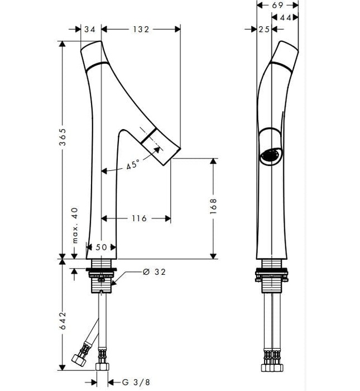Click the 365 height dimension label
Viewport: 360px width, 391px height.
[63, 136]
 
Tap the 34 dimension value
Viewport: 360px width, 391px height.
[88, 30]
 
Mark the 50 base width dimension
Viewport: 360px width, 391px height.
[102, 247]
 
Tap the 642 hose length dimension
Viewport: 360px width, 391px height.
[63, 323]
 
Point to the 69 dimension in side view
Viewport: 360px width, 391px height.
[278, 5]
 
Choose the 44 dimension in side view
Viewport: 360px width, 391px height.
[287, 18]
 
